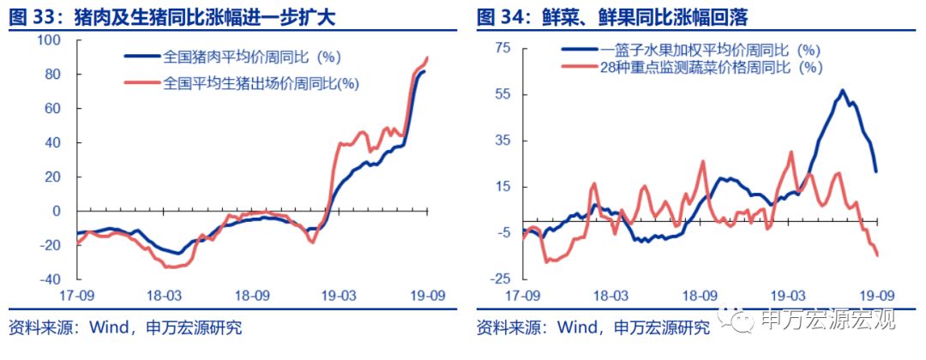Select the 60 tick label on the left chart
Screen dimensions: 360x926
[53, 109]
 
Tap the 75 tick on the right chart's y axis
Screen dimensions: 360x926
[504, 48]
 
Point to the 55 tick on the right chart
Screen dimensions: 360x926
[504, 94]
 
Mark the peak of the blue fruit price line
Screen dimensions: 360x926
[843, 90]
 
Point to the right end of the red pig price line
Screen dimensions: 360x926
[427, 57]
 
